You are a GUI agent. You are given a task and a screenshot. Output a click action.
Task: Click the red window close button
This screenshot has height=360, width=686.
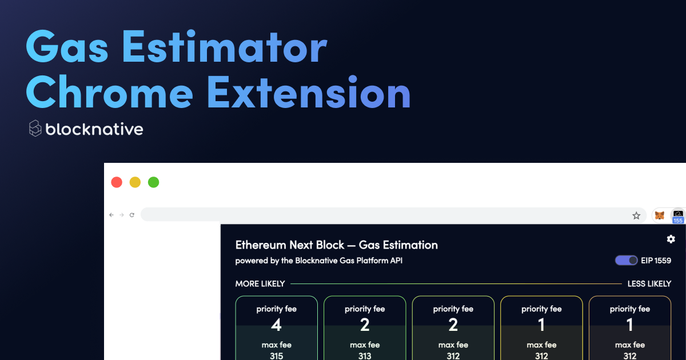point(117,182)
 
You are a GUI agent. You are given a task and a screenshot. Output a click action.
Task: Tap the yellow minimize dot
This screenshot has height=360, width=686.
point(135,182)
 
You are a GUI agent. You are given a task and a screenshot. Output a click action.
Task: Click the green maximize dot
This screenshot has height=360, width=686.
point(153,182)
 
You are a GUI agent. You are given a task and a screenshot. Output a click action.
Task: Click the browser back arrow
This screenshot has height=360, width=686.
point(111,215)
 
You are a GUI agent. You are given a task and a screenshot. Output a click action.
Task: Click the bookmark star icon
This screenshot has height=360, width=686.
point(636,215)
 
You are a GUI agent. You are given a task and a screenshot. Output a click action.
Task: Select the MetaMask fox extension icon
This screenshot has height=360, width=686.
point(659,215)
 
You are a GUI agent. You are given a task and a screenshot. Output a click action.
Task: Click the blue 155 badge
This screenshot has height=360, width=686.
point(678,221)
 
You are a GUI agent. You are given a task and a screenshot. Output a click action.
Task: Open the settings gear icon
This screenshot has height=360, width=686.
point(671,239)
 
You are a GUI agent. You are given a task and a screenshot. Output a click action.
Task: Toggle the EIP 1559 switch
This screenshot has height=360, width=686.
point(627,261)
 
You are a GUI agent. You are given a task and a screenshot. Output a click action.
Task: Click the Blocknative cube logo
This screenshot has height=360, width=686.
point(35,128)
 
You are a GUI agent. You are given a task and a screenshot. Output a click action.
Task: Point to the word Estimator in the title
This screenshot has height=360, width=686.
point(225,47)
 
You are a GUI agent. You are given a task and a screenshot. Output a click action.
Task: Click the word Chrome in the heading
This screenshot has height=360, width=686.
point(110,92)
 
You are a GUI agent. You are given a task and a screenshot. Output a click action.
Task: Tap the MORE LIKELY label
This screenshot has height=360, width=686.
point(260,284)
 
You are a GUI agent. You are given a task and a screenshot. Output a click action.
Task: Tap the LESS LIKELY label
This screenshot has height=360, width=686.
point(649,284)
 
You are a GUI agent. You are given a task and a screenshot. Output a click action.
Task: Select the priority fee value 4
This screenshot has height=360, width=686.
point(276,325)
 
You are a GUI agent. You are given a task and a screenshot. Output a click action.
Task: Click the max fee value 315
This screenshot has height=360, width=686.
point(276,356)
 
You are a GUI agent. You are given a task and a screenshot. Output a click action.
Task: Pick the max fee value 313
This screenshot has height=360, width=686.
point(365,356)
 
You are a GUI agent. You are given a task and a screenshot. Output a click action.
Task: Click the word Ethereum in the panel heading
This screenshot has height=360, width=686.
point(261,245)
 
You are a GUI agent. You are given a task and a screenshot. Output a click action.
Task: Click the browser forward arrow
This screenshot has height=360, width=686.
point(122,215)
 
